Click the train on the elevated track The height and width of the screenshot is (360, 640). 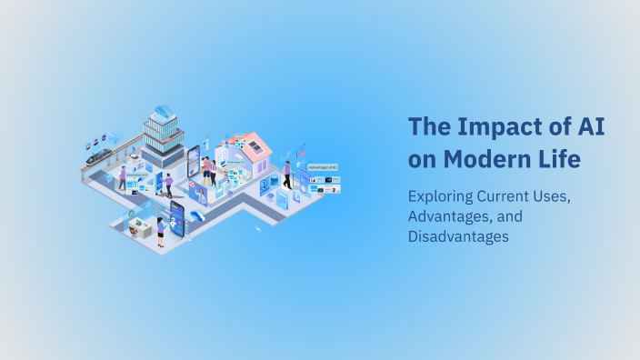coord(98,155)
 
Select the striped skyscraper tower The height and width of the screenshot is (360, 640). coord(164,141)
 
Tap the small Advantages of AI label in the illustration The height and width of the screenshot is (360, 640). coord(323,167)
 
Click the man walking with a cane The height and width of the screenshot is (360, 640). coord(287,174)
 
